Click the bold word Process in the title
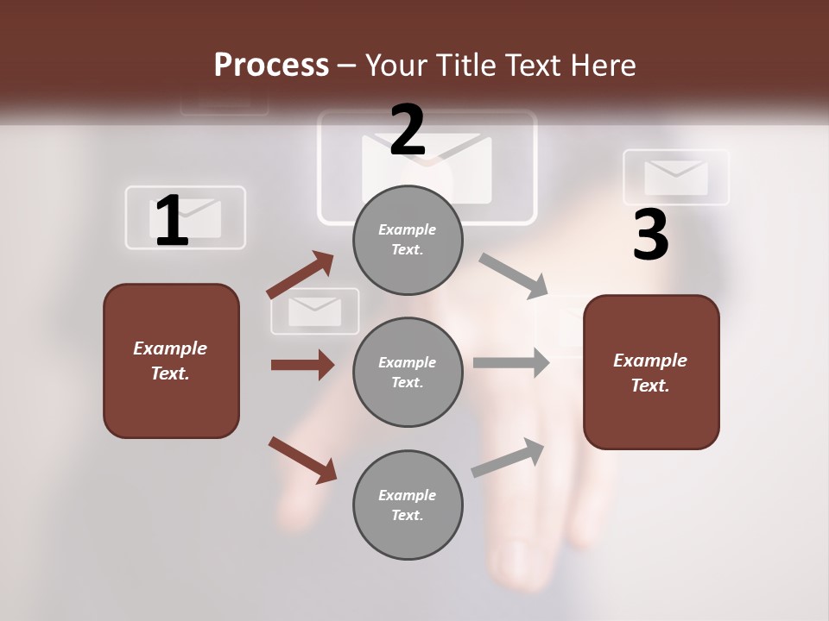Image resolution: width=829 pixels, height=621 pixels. [271, 66]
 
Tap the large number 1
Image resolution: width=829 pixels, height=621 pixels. [172, 221]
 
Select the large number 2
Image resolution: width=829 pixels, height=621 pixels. [408, 129]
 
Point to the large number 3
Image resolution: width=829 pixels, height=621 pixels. [650, 235]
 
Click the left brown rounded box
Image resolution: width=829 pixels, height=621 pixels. [171, 361]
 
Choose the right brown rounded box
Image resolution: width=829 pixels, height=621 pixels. [651, 372]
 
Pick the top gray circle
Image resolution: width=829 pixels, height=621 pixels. [408, 240]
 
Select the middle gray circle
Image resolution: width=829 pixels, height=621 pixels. [408, 372]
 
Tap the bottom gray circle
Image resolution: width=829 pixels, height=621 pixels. [408, 505]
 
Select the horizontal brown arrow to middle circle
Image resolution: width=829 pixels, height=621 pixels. [302, 365]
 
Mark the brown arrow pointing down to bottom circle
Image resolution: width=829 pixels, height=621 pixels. [302, 459]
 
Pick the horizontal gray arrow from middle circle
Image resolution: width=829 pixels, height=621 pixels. [511, 363]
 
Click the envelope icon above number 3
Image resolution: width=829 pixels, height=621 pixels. [676, 177]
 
